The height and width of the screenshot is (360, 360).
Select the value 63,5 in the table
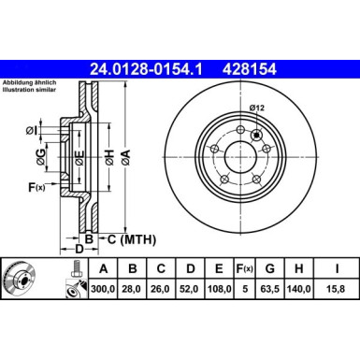pyautogui.click(x=271, y=291)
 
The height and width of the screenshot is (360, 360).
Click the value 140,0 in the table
pyautogui.click(x=299, y=291)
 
